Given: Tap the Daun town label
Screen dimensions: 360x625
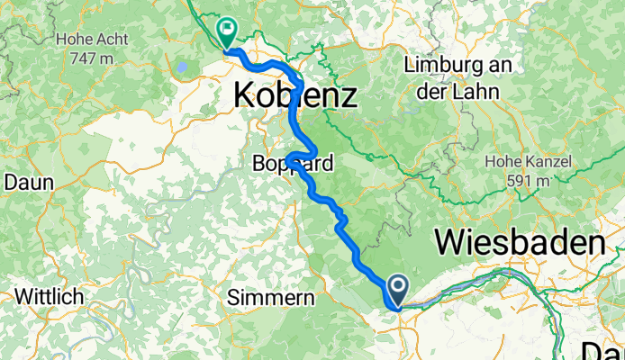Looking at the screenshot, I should pyautogui.click(x=29, y=181).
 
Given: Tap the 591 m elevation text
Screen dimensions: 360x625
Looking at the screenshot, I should pyautogui.click(x=528, y=180).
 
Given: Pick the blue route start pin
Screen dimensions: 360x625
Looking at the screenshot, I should pyautogui.click(x=397, y=290).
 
